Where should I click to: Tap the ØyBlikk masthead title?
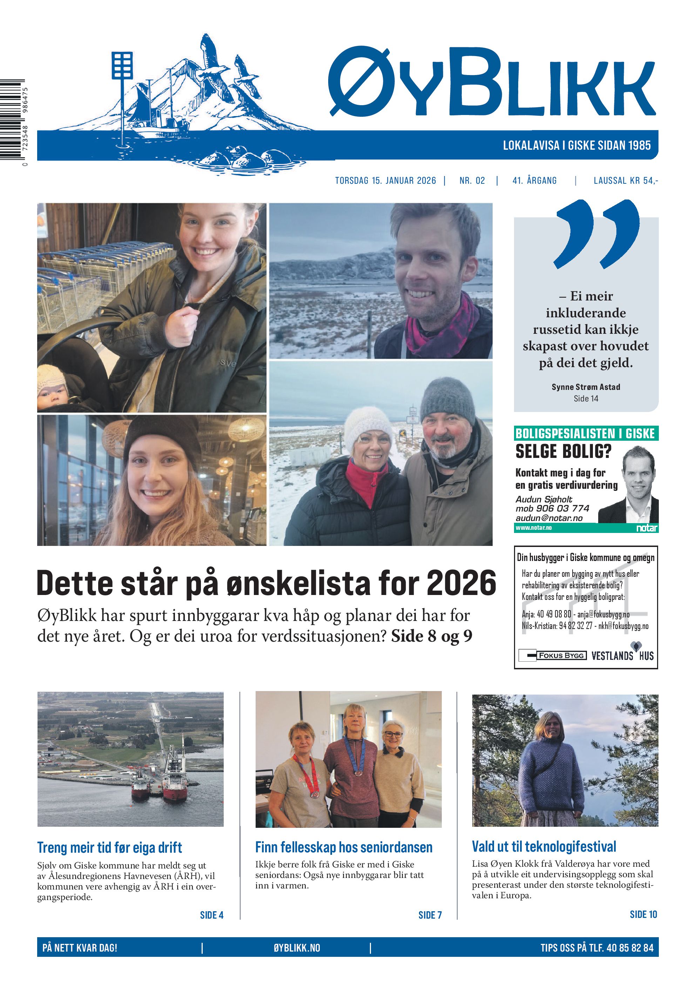click(x=491, y=82)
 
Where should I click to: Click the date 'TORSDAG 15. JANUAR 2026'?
click(x=385, y=181)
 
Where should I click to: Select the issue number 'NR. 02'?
click(x=472, y=181)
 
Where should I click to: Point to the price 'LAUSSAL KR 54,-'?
click(x=626, y=181)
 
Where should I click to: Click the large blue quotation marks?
click(x=597, y=234)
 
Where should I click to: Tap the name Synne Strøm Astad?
click(x=586, y=387)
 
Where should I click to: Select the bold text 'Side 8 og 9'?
click(x=431, y=636)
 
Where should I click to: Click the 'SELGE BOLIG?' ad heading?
click(x=563, y=452)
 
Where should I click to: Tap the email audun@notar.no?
click(x=549, y=518)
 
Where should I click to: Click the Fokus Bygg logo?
click(x=553, y=655)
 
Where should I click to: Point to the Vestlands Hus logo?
click(x=622, y=655)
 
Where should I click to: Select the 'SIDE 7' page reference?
click(x=430, y=915)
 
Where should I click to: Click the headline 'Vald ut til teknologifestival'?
click(x=543, y=846)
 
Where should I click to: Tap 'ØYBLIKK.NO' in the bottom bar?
click(x=297, y=948)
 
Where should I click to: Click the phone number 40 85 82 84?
click(x=630, y=948)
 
